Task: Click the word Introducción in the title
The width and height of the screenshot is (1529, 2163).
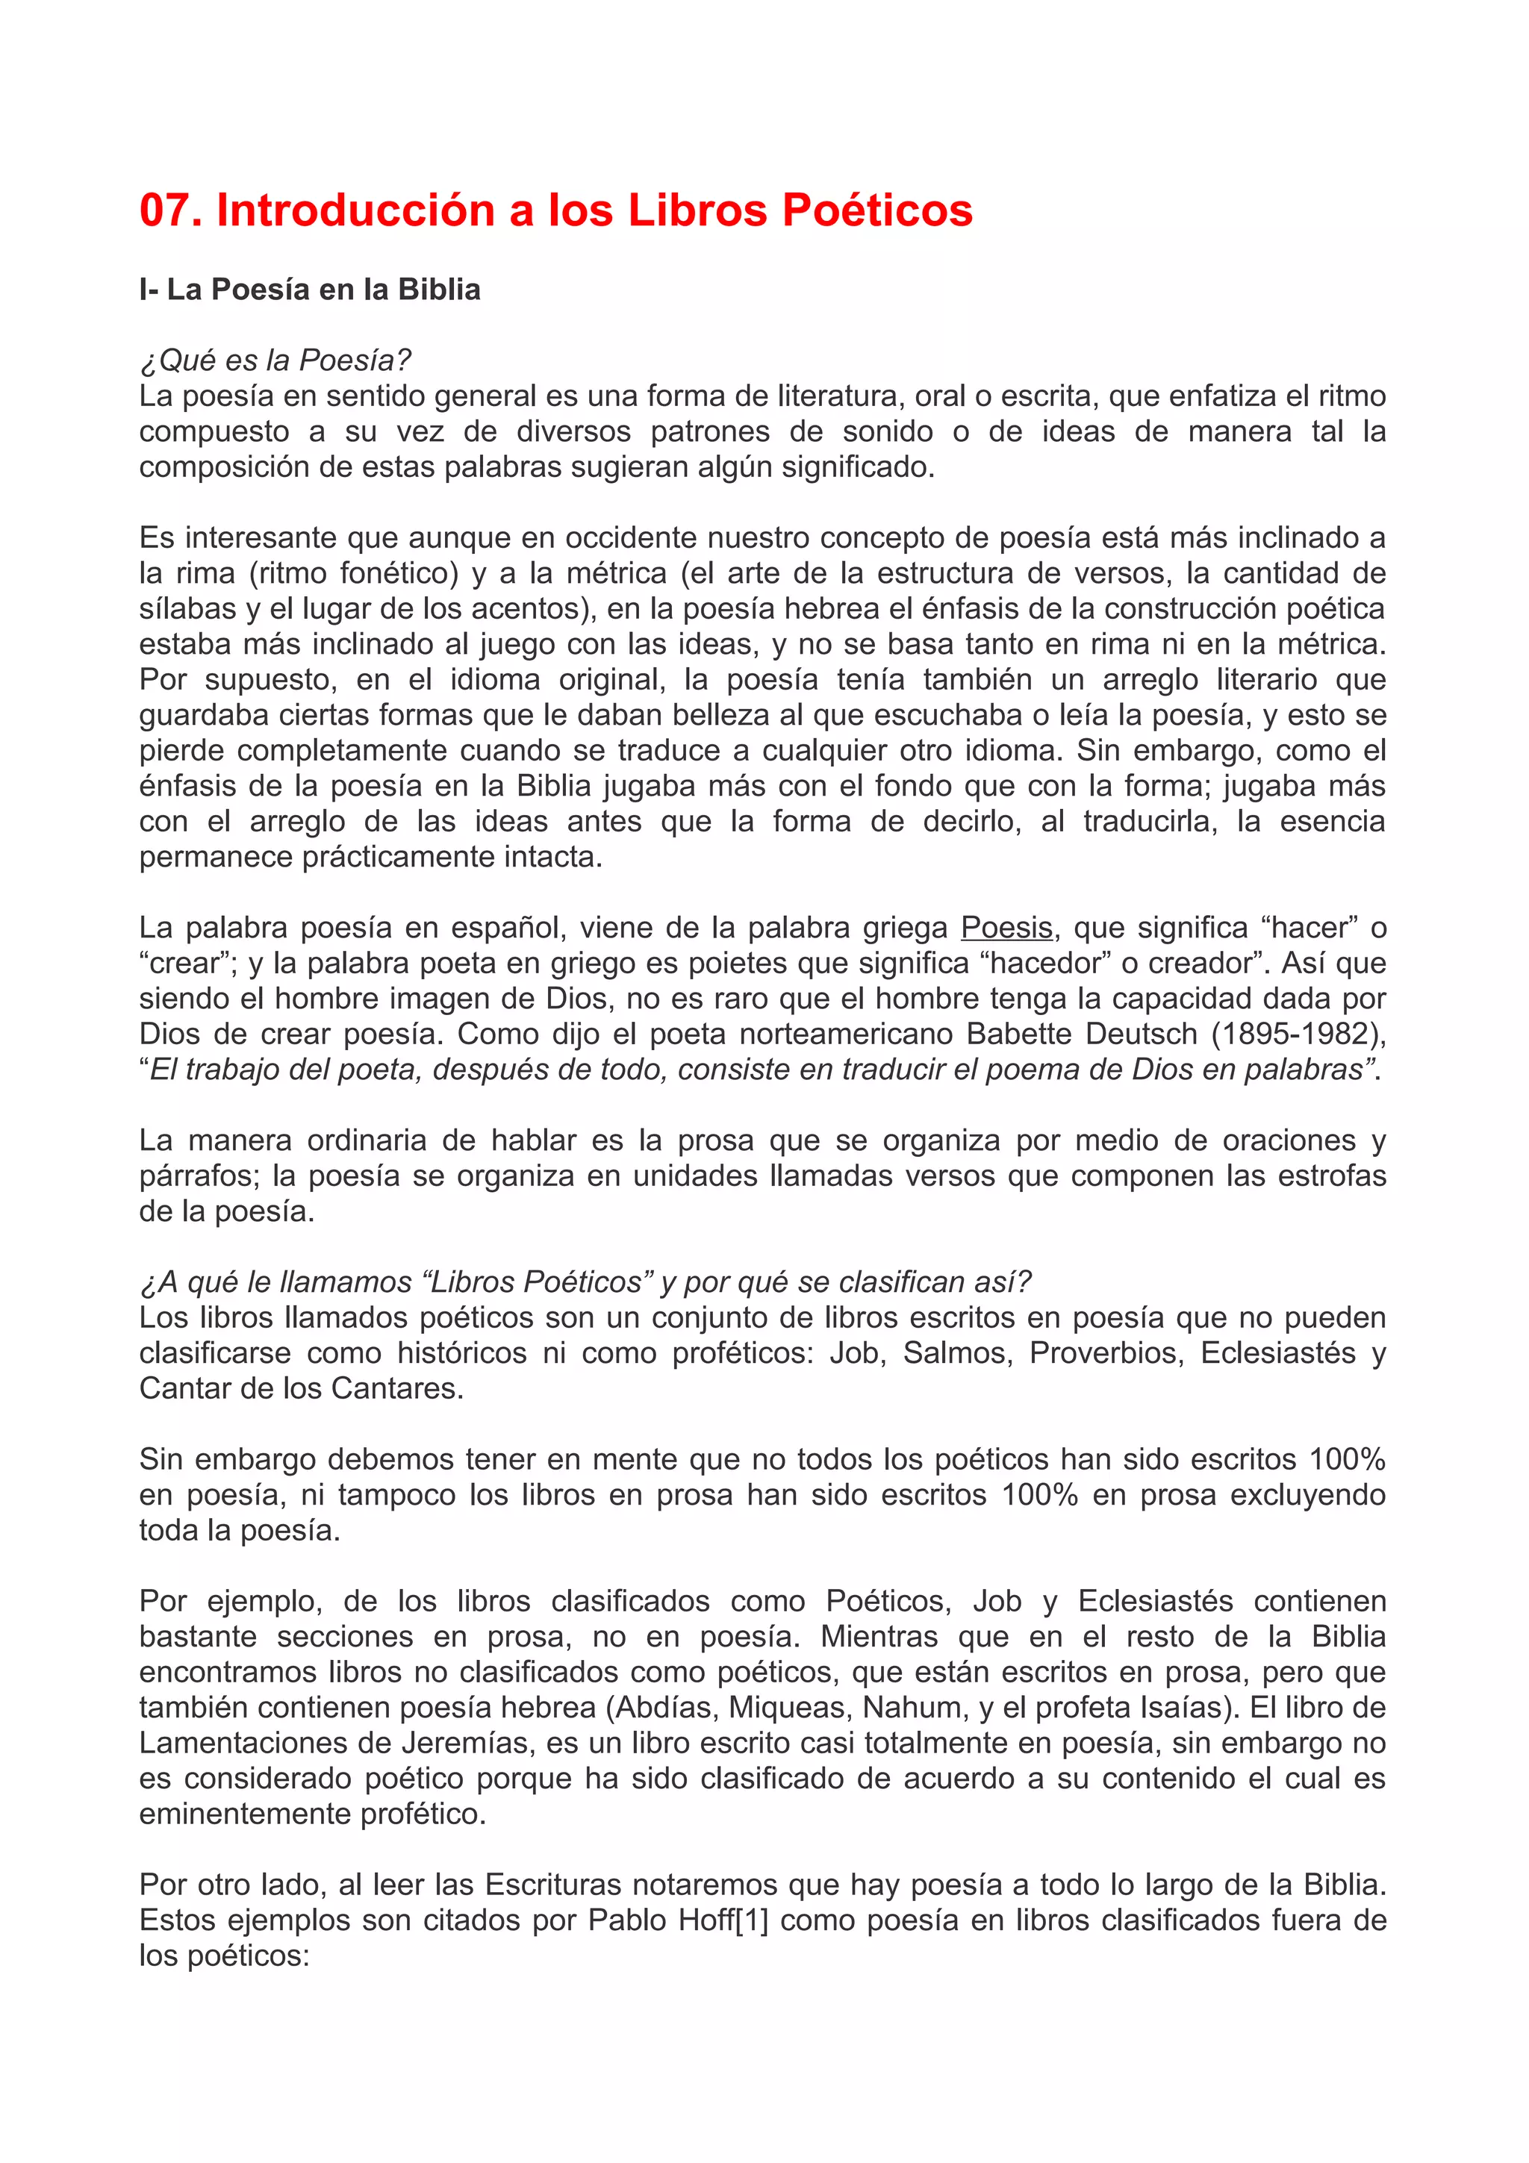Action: coord(355,210)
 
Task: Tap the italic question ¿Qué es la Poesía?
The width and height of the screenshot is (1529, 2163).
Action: coord(275,360)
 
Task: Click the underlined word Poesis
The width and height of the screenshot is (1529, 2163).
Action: coord(1006,928)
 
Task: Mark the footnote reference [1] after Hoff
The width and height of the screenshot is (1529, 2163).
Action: coord(752,1920)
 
